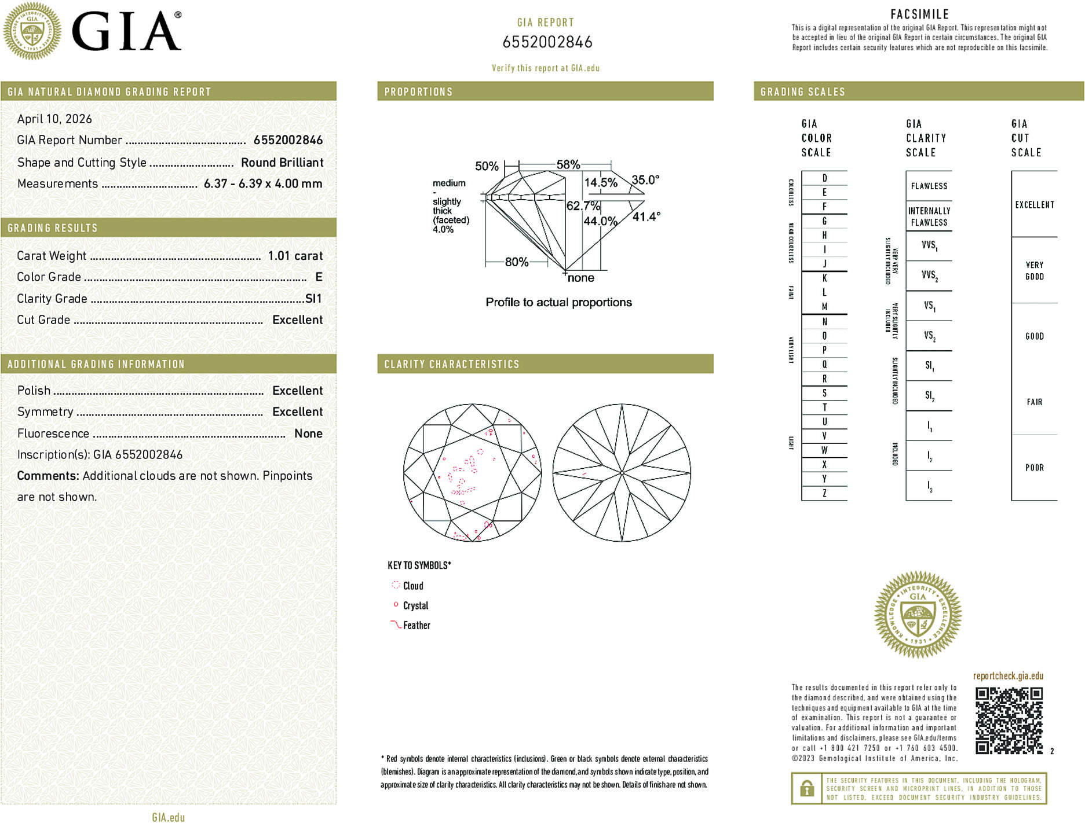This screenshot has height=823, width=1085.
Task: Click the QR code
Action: coord(1009,720)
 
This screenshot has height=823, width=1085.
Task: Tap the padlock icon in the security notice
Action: coord(806,788)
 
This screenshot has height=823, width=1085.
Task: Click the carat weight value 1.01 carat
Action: coord(295,256)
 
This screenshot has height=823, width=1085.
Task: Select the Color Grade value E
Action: coord(319,277)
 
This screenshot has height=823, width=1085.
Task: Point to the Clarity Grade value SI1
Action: coord(313,299)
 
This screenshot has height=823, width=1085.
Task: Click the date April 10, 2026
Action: coord(54,119)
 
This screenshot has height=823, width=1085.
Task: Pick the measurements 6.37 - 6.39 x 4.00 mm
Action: coord(263,184)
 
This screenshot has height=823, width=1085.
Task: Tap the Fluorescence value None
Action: coord(308,433)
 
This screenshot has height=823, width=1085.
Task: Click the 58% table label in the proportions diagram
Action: coord(568,164)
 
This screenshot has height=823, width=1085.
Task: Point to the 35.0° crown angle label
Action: coord(645,180)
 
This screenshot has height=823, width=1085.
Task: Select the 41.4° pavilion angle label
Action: coord(646,217)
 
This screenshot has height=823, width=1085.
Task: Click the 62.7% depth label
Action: coord(583,206)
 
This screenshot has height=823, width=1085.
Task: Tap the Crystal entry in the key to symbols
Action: coord(415,606)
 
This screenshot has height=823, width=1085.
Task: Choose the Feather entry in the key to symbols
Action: coord(417,626)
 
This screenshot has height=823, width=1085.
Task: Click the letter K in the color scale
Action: coord(824,278)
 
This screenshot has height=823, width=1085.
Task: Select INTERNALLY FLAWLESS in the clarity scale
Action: coord(929,217)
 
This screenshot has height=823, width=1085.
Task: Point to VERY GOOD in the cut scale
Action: coord(1034,271)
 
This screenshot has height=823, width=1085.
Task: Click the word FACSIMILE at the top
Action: coord(919,14)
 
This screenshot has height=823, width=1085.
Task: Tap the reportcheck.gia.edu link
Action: coord(1008,676)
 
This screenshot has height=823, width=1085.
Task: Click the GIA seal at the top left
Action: coord(32,31)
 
